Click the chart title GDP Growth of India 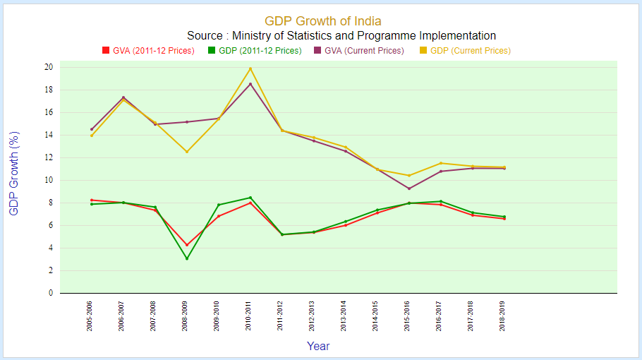click(x=322, y=22)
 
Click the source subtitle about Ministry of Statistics click(x=341, y=36)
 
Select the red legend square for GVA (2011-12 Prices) click(x=106, y=51)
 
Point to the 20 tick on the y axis click(x=49, y=67)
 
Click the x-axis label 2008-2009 click(x=186, y=315)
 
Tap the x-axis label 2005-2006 click(x=90, y=315)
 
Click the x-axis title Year click(x=318, y=346)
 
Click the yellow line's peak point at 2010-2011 click(x=250, y=68)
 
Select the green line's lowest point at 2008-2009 click(x=187, y=258)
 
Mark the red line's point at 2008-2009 click(x=187, y=245)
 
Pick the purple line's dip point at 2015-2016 click(x=409, y=188)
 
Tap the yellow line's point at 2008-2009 click(x=187, y=152)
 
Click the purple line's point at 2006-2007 click(x=123, y=97)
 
